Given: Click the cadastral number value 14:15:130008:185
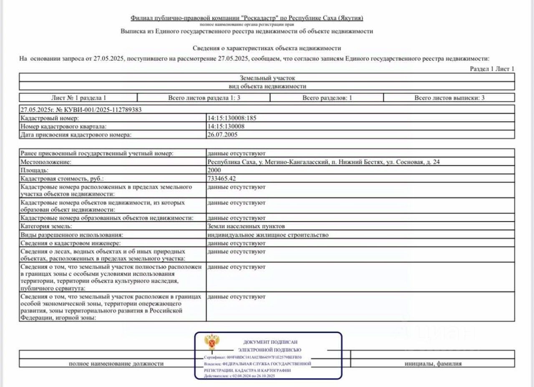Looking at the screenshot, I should pos(232,118).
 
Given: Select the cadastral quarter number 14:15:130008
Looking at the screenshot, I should pos(226,126).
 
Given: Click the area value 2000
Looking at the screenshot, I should pos(214,170).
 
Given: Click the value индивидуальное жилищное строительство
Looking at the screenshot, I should pos(268,235).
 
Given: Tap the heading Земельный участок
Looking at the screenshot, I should pos(267,78).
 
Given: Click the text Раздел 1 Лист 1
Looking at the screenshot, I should pos(492,69).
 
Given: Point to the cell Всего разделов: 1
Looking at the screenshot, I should pos(327,98).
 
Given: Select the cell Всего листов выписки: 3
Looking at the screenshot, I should pos(449,98).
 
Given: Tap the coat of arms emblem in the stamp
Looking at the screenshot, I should pos(212,342).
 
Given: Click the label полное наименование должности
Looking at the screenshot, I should pos(116,364).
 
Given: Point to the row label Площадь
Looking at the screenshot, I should pos(35,170).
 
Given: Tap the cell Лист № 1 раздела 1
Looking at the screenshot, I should pos(78,98).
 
